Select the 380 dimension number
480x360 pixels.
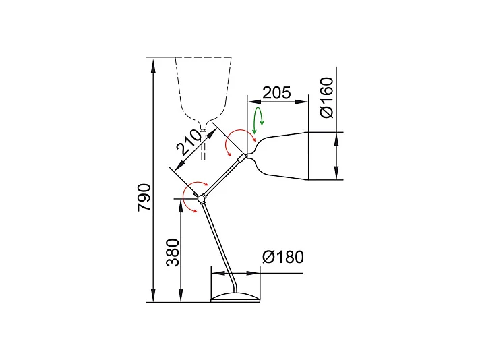(173, 252)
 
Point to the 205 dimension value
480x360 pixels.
(276, 92)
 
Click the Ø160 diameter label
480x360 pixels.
(326, 98)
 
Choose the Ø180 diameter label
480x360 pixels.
(283, 257)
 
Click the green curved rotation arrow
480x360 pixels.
(258, 123)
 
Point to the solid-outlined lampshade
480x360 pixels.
(283, 156)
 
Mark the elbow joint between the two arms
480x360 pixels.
(202, 198)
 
